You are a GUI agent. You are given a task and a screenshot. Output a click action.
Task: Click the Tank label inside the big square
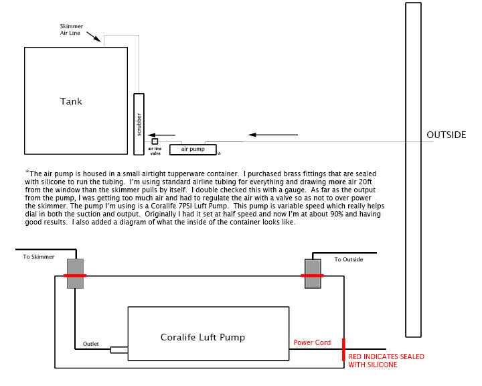(71, 101)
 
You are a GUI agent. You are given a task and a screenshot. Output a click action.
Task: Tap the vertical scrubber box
(139, 123)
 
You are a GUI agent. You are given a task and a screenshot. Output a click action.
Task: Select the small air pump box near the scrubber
(193, 149)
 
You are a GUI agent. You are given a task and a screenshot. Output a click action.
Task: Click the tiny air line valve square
(155, 141)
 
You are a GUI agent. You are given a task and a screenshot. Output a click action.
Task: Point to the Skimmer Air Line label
(70, 30)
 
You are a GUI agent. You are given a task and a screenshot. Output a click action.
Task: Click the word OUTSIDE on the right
(446, 135)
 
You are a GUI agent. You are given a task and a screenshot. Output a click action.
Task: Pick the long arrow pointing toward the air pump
(273, 135)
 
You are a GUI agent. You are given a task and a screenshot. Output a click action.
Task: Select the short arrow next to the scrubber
(161, 134)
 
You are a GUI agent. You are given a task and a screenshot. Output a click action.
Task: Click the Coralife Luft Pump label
(203, 337)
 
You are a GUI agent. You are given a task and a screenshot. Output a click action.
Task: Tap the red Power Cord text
(312, 342)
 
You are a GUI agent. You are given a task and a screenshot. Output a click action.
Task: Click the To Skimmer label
(37, 256)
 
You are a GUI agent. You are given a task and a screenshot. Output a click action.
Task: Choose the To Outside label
(348, 259)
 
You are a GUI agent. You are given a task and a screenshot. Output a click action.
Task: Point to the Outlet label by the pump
(91, 344)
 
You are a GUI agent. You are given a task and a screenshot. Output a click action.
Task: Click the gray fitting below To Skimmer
(74, 274)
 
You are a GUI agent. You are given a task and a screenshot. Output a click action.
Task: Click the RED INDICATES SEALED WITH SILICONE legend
(386, 360)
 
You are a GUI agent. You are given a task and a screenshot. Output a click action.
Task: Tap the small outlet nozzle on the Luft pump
(118, 349)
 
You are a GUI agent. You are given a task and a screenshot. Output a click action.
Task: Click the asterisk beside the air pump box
(219, 153)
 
